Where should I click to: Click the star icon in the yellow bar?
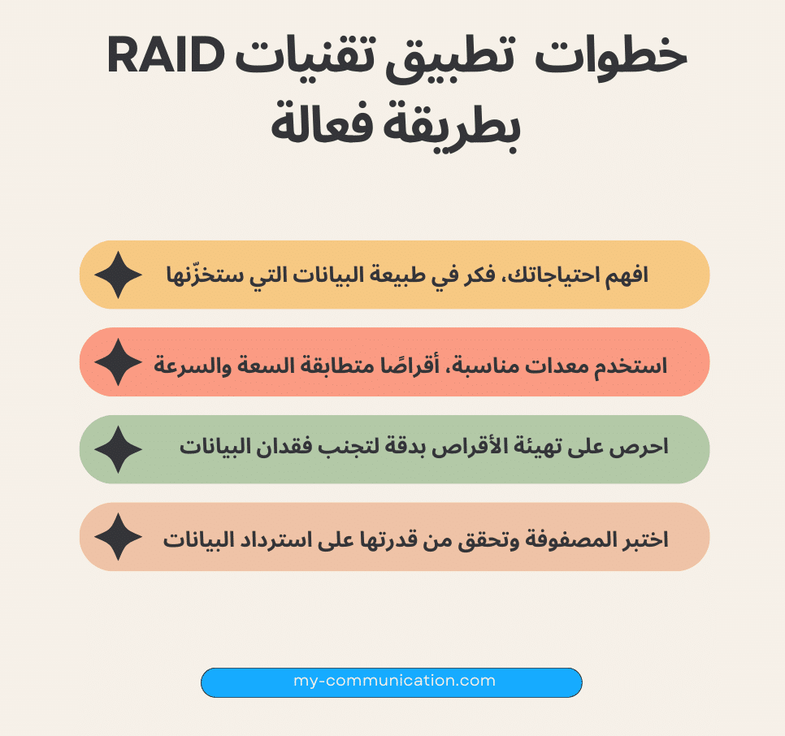point(119,275)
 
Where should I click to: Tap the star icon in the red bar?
point(119,362)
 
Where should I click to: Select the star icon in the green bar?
point(119,449)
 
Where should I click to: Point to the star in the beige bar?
point(119,536)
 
